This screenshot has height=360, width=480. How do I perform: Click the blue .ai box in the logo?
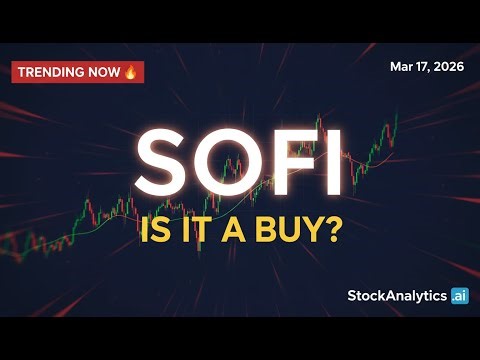point(459,295)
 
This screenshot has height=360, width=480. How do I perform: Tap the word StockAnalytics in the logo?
point(396,295)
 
